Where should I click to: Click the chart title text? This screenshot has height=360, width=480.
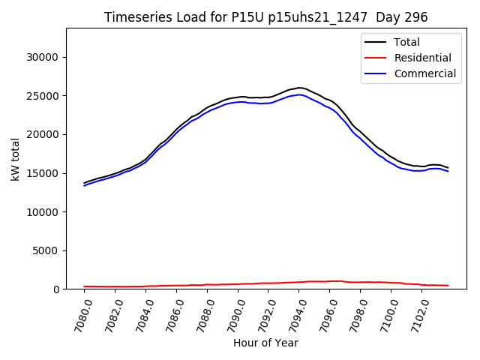coord(266,17)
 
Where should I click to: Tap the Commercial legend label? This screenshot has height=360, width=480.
coord(424,73)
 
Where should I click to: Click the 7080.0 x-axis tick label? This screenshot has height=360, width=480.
coord(77,316)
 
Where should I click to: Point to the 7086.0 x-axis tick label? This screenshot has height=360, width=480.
coord(170,316)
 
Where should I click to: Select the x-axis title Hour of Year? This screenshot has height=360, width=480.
coord(265,343)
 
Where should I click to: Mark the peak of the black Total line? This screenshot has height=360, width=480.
coord(299,88)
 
